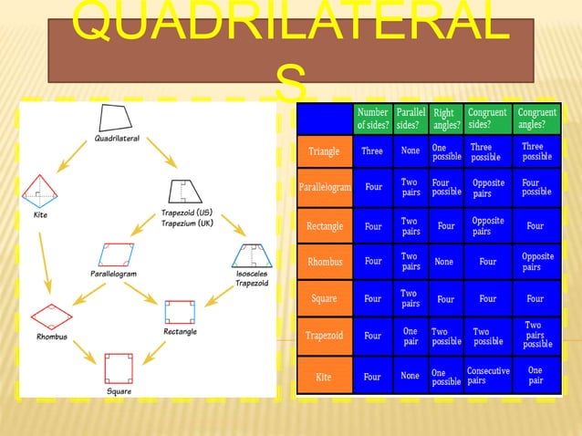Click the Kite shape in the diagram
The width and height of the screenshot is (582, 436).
click(40, 190)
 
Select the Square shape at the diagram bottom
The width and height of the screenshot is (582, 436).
click(119, 369)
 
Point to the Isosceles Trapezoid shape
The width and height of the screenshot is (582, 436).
click(251, 256)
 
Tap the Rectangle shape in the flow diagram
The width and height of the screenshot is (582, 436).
click(180, 311)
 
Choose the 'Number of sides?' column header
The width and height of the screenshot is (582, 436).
click(372, 119)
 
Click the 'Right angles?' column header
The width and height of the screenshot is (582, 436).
click(446, 119)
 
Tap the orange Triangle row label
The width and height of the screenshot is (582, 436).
click(324, 151)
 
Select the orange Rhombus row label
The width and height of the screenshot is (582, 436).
click(324, 262)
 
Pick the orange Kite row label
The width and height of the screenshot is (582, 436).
click(324, 376)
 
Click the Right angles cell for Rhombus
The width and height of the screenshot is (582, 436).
click(445, 262)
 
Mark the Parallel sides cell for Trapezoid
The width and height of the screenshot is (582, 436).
click(411, 336)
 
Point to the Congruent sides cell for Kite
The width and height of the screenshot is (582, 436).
click(488, 376)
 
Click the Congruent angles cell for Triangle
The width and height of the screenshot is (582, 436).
click(536, 151)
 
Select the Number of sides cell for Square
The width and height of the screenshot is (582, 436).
click(372, 299)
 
